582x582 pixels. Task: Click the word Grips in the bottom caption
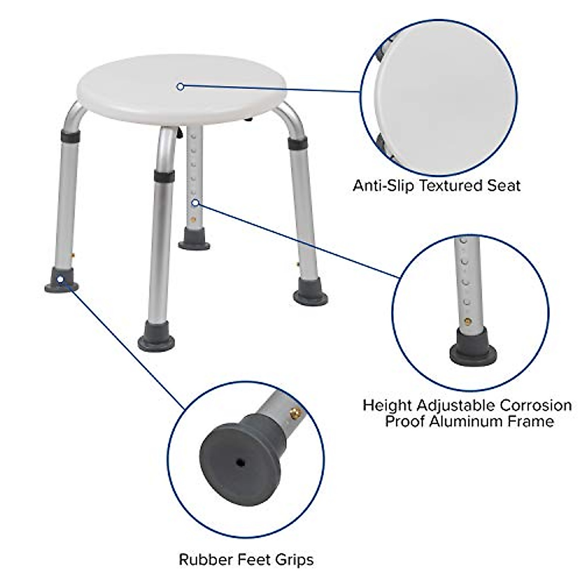pyautogui.click(x=295, y=560)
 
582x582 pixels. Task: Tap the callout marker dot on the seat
pyautogui.click(x=180, y=87)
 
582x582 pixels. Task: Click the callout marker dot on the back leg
pyautogui.click(x=195, y=202)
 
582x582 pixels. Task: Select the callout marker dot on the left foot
pyautogui.click(x=60, y=279)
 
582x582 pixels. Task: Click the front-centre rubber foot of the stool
pyautogui.click(x=156, y=340)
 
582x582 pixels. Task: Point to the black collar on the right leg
pyautogui.click(x=297, y=144)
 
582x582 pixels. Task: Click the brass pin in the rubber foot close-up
pyautogui.click(x=294, y=413)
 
